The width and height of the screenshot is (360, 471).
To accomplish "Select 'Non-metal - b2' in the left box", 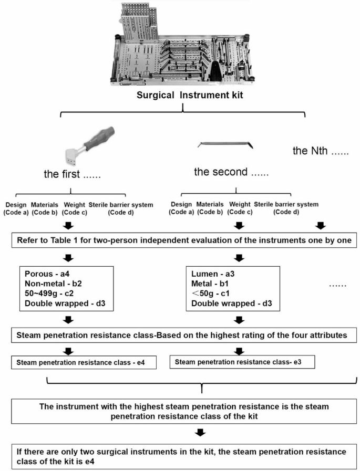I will pos(53,284).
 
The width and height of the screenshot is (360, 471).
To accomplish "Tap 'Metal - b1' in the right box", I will pos(210,284).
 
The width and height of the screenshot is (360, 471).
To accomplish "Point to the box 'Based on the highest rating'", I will pos(180,333).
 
